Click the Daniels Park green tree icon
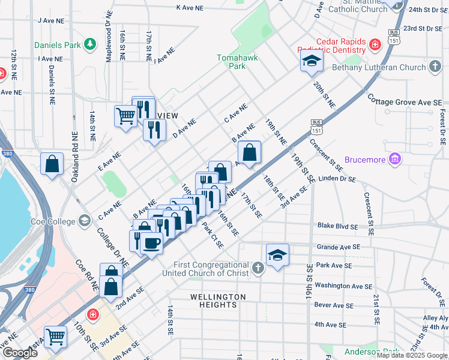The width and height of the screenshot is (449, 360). point(89,44)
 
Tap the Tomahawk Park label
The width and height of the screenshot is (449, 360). point(231,62)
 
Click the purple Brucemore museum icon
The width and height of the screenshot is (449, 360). point(394,159)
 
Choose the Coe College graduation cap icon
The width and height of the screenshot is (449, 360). point(84,221)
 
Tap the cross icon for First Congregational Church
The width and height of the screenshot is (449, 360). point(258,268)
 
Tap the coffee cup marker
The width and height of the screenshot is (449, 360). point(152,242)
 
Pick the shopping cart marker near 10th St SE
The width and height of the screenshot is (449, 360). point(55,337)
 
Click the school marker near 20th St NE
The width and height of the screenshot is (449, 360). point(312,61)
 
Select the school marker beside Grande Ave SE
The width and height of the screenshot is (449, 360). point(277,254)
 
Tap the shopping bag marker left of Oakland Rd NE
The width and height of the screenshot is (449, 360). point(52,163)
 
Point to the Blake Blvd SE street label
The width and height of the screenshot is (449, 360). point(338,227)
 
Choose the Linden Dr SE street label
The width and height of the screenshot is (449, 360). point(337,179)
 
